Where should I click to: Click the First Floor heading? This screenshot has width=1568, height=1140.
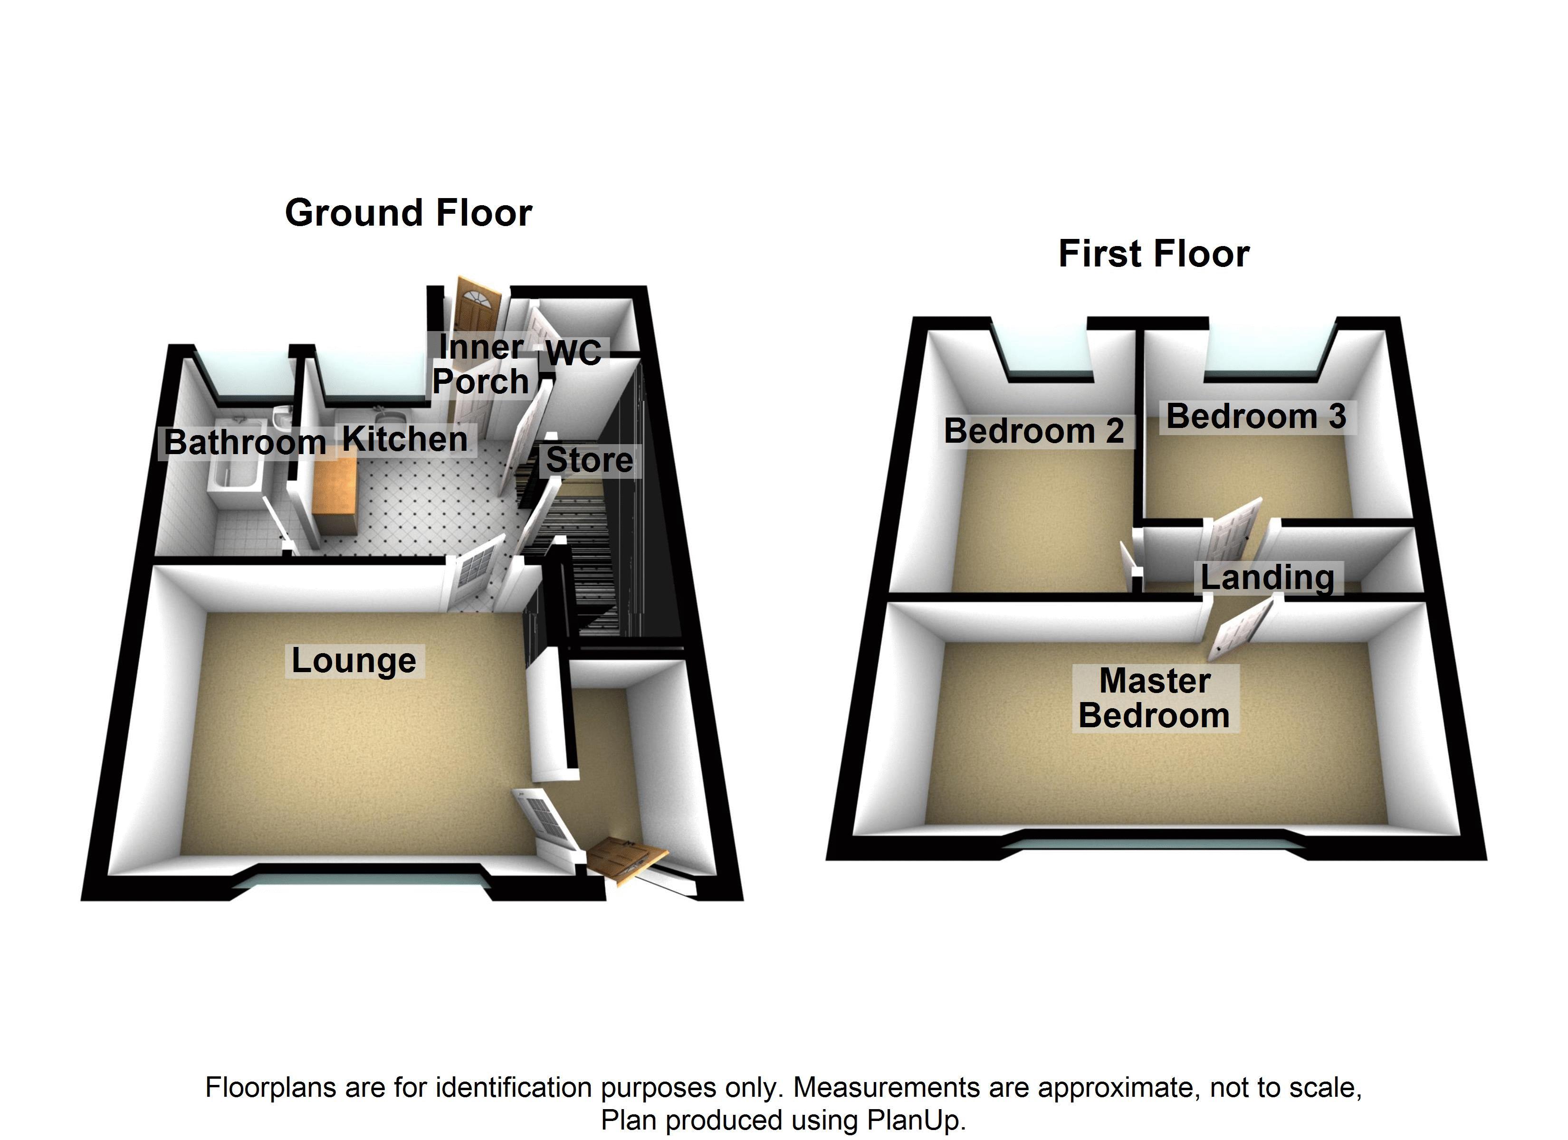point(1153,255)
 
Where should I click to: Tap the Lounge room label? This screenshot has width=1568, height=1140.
point(354,661)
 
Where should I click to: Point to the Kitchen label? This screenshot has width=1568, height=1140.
point(405,440)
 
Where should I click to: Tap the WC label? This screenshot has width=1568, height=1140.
point(573,352)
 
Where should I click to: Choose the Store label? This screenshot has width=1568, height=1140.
point(589,460)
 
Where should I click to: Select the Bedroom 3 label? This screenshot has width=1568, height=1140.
point(1255,417)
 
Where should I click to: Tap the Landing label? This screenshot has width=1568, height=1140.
point(1267,578)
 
